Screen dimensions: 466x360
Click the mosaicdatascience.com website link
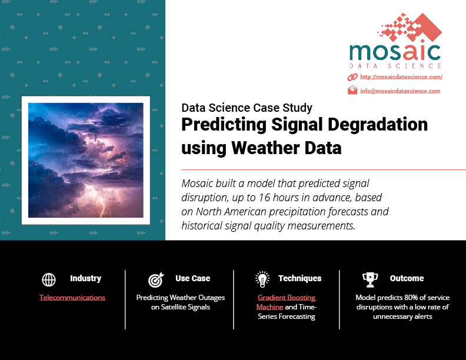(401, 77)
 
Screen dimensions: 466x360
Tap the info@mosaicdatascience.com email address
(400, 91)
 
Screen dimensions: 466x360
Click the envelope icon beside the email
(352, 90)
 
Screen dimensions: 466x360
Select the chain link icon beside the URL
(352, 77)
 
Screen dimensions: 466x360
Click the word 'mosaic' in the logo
(395, 52)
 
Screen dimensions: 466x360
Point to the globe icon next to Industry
(49, 279)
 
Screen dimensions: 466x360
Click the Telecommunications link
(72, 297)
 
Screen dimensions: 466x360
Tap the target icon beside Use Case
(156, 280)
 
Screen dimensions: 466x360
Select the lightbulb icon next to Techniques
(262, 279)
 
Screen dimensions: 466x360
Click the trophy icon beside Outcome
(370, 280)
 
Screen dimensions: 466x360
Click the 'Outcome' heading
(407, 278)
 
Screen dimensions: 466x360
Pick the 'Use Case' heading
(192, 278)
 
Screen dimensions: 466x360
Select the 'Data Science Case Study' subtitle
(247, 108)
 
